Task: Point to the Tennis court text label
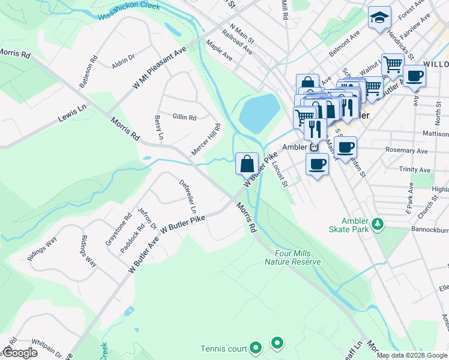tap(223, 349)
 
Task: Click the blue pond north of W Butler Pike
tap(259, 113)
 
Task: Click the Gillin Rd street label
tap(184, 118)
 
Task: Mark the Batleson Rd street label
tap(88, 72)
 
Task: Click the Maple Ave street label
tap(218, 50)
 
